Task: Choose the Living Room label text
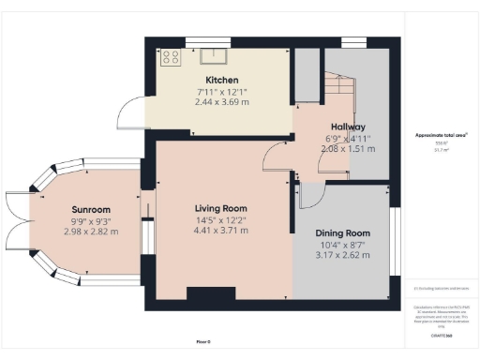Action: (x=220, y=208)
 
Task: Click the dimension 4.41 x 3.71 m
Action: (x=220, y=230)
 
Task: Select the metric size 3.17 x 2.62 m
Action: (x=339, y=254)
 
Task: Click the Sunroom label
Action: (x=91, y=209)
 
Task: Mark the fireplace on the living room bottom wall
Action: (x=211, y=294)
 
